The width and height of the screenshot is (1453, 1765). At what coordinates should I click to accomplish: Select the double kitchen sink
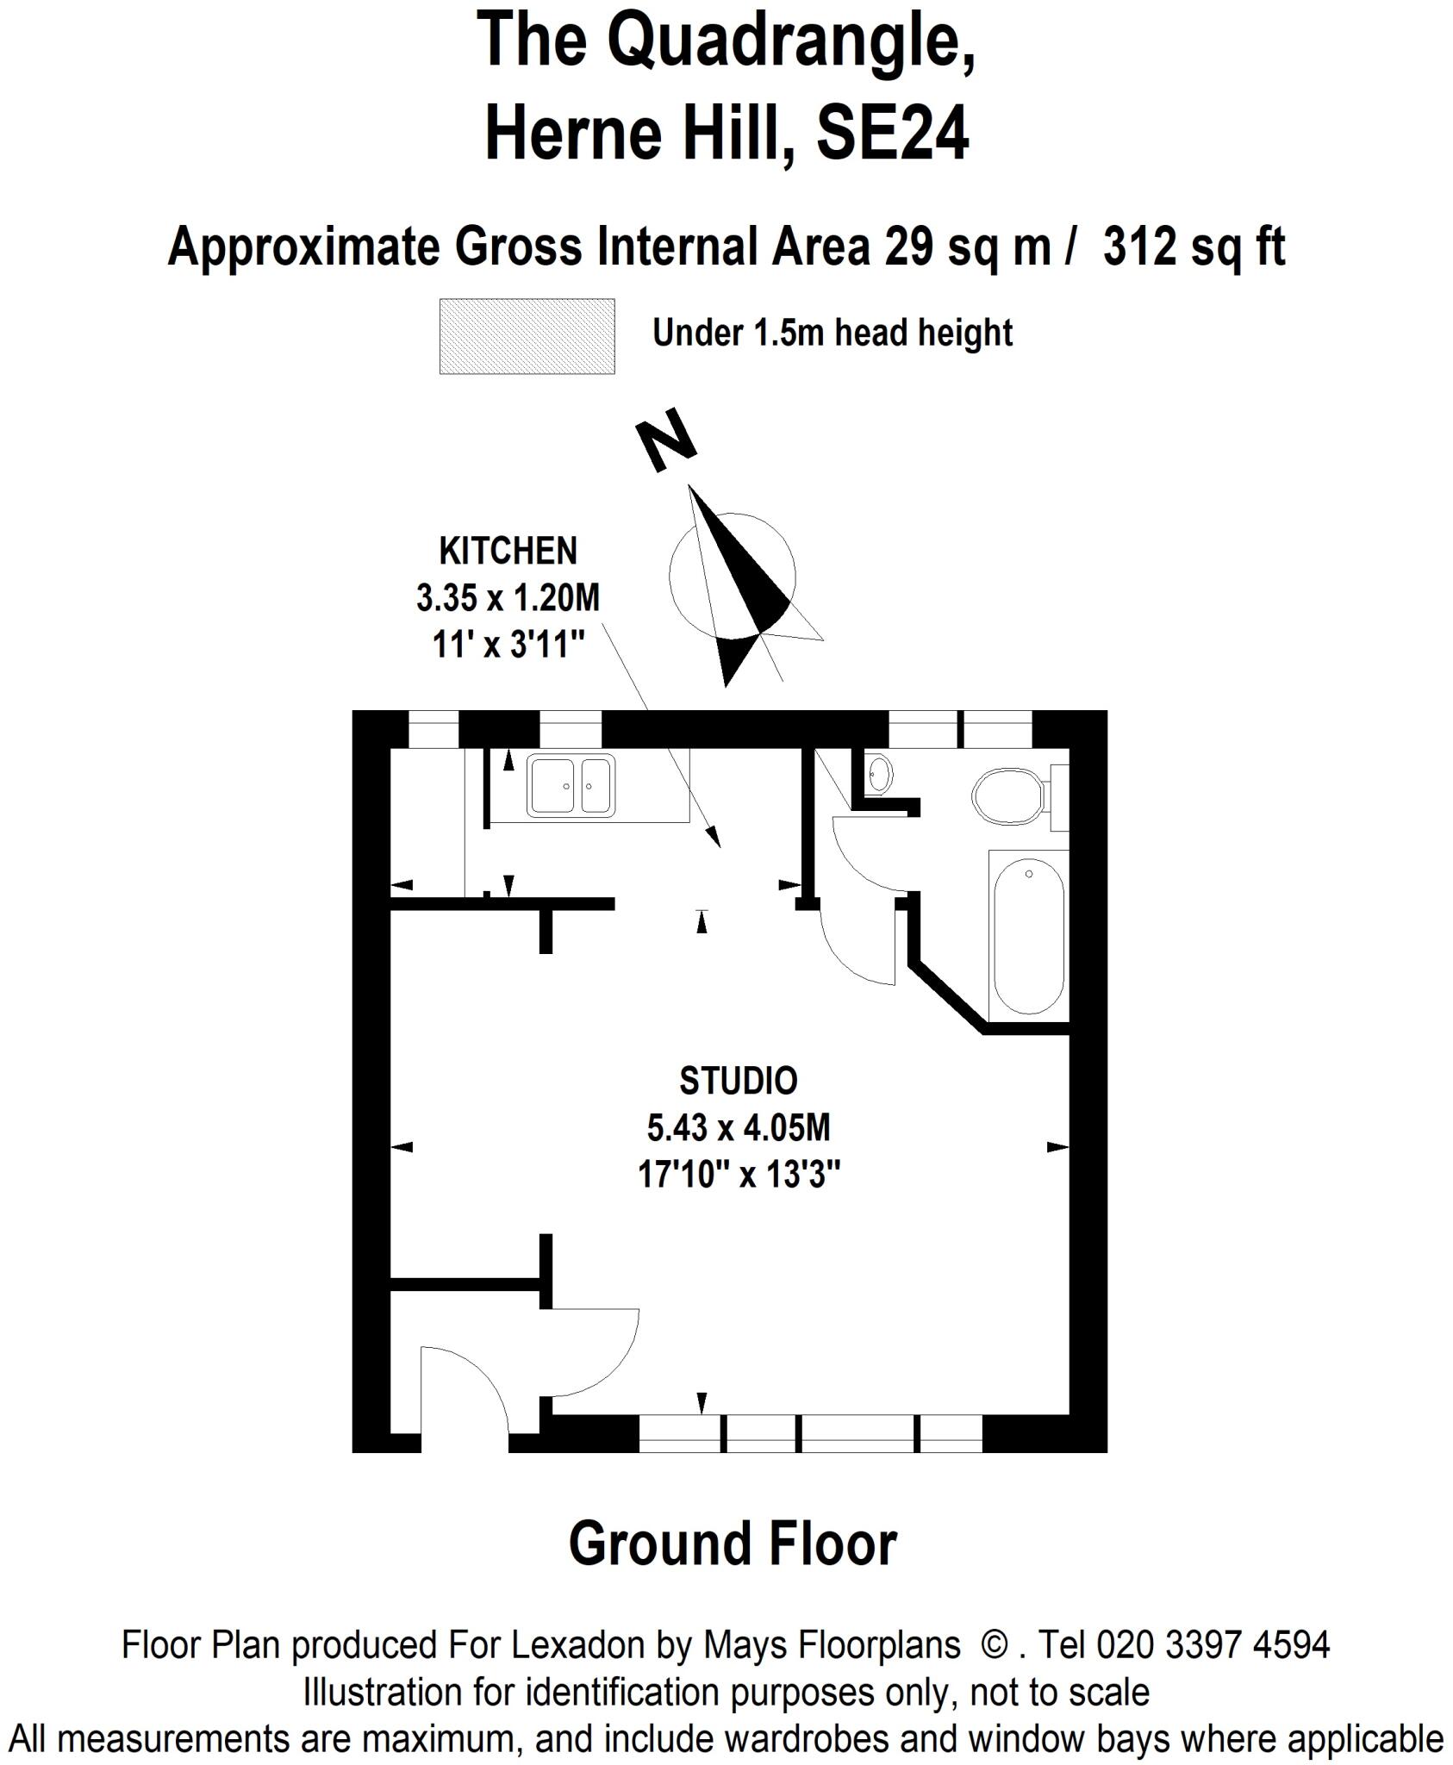tap(571, 784)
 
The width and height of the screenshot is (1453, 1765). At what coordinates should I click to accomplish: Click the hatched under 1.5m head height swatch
tap(527, 336)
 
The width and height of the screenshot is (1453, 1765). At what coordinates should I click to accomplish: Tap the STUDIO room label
tap(738, 1081)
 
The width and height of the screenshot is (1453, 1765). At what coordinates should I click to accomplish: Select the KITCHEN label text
tap(508, 551)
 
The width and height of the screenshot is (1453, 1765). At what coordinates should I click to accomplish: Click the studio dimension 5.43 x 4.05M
tap(738, 1127)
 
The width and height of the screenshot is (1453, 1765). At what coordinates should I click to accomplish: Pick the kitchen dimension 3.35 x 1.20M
tap(508, 597)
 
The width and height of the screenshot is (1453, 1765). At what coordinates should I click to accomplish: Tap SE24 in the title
tap(892, 134)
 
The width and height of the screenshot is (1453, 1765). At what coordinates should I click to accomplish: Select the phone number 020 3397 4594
tap(1213, 1644)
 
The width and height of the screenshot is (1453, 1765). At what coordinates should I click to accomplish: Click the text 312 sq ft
tap(1194, 247)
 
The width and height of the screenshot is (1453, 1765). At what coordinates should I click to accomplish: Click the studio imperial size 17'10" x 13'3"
tap(739, 1174)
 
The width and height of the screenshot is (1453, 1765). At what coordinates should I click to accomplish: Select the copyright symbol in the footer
tap(995, 1644)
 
